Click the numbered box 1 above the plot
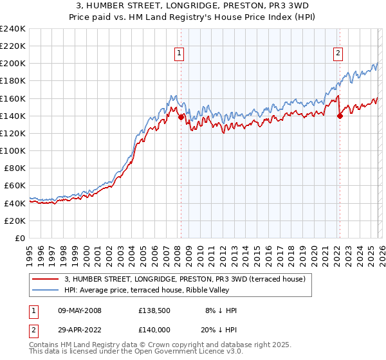click(179, 54)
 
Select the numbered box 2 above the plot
click(338, 54)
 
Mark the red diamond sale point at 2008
click(181, 117)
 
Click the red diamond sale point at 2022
click(340, 116)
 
